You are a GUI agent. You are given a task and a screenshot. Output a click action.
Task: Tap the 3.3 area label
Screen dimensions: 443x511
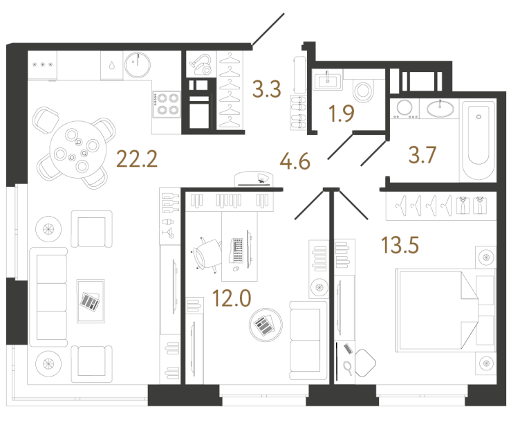[x=267, y=89]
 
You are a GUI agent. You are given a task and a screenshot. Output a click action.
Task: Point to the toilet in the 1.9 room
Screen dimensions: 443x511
[x=362, y=90]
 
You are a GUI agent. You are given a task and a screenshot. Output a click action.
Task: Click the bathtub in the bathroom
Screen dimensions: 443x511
[x=478, y=141]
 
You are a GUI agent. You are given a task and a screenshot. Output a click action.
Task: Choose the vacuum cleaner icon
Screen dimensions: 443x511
[x=201, y=64]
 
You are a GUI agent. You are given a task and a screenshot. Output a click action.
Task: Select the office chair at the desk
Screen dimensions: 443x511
[x=205, y=255]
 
